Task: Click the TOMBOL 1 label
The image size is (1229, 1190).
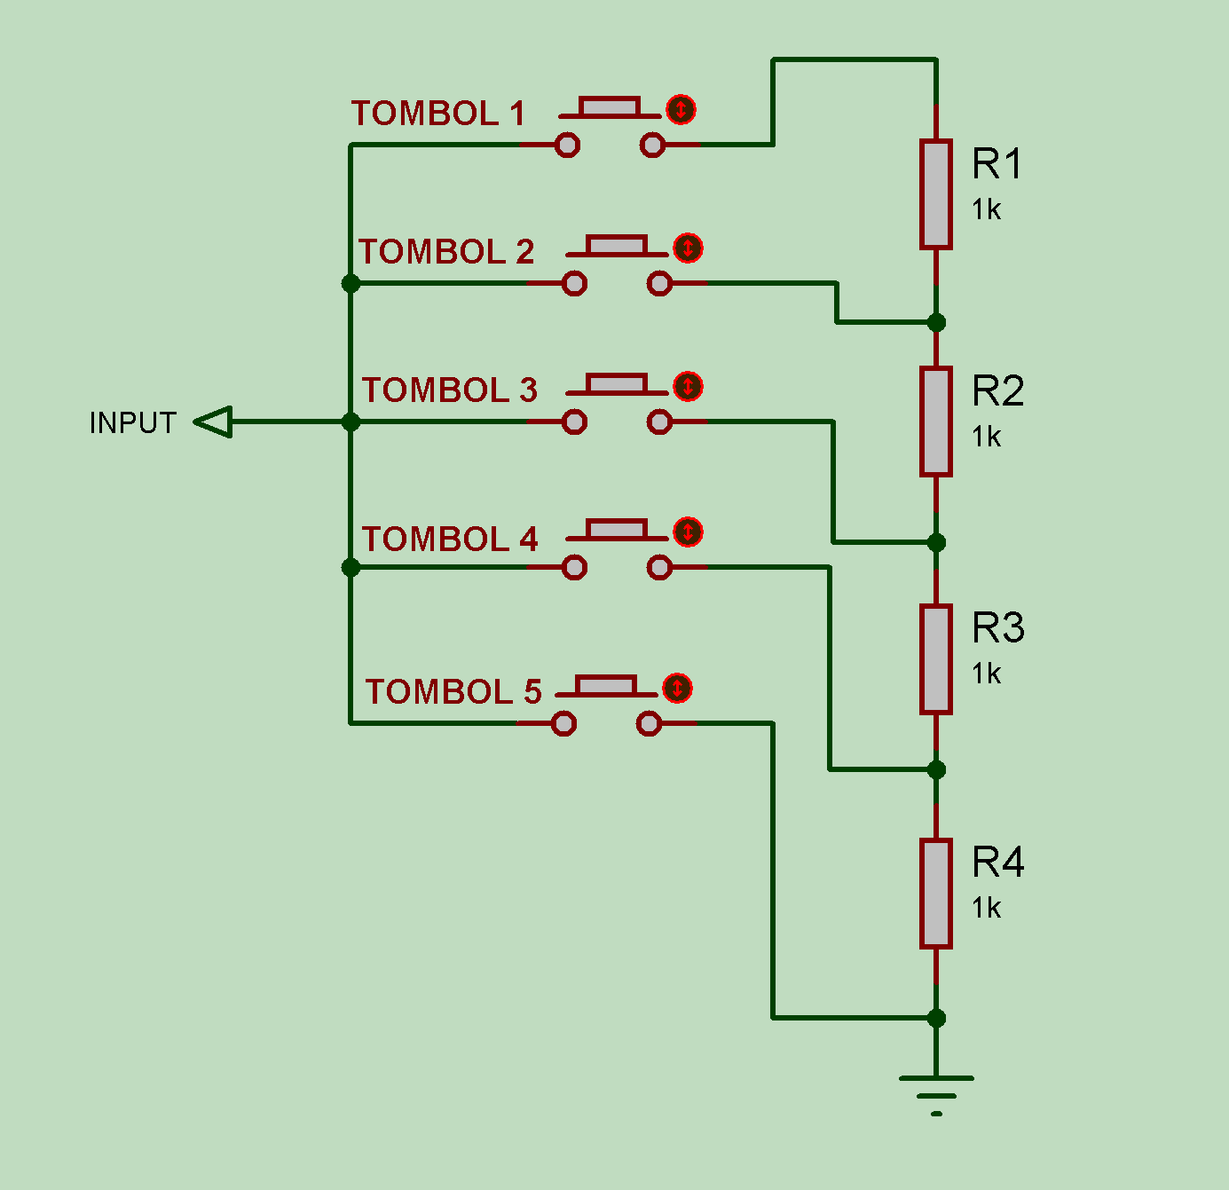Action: (x=437, y=114)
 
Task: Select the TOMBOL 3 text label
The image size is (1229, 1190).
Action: (x=449, y=390)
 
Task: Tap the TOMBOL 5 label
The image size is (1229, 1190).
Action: (x=453, y=692)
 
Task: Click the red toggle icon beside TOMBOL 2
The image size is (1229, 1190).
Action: (x=688, y=248)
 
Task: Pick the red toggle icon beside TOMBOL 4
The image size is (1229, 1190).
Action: (x=688, y=532)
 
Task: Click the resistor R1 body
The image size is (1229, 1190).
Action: (x=935, y=193)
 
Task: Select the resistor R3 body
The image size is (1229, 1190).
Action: (x=935, y=658)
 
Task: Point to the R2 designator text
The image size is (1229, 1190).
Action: (x=997, y=391)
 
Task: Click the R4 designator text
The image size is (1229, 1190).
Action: (x=997, y=863)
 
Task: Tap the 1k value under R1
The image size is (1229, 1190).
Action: (x=986, y=210)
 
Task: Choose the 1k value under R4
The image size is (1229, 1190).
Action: (x=986, y=909)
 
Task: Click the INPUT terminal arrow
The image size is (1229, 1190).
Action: (x=214, y=422)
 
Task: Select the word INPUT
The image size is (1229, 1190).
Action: (x=133, y=423)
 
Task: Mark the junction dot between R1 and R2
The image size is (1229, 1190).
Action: (x=936, y=322)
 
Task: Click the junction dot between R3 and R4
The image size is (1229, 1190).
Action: (x=936, y=769)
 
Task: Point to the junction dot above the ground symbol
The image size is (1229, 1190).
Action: (x=936, y=1018)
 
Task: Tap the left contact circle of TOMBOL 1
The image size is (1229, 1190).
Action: (x=567, y=145)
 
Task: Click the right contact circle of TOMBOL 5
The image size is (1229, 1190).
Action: (x=649, y=724)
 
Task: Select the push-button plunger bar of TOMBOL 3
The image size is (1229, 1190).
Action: (x=616, y=384)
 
